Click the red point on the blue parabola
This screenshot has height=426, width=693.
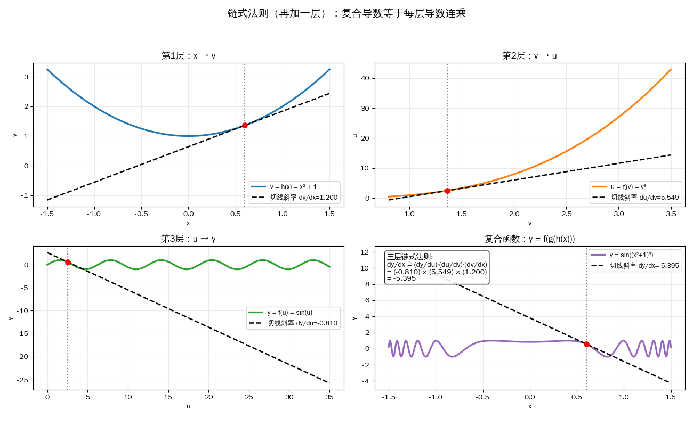pos(245,126)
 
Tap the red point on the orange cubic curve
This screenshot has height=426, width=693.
pos(447,191)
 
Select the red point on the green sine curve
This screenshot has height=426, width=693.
pos(68,262)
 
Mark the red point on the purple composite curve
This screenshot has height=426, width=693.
pos(586,344)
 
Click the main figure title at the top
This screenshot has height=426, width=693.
pos(346,13)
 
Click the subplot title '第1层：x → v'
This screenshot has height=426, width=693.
pos(188,56)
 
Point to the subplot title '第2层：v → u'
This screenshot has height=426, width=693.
pos(529,56)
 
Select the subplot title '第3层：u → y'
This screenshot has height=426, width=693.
pos(188,239)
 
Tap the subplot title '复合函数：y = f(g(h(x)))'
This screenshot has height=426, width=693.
pos(529,239)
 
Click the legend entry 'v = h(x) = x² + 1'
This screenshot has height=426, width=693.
pos(293,187)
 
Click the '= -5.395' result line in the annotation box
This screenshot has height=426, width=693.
pos(401,278)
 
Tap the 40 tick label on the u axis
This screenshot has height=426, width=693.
pos(365,78)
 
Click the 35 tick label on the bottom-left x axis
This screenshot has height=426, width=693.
pos(329,397)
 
